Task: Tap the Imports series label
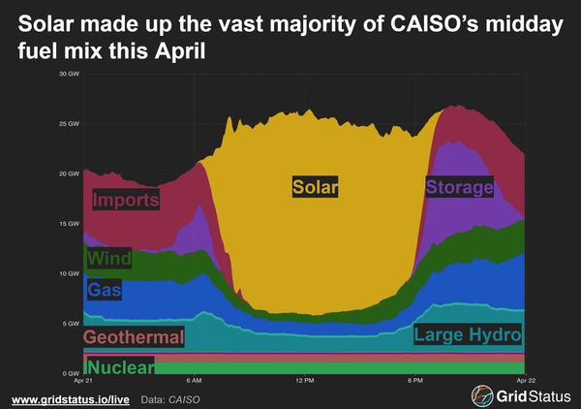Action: pyautogui.click(x=126, y=201)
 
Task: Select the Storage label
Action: pyautogui.click(x=460, y=187)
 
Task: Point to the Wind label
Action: pyautogui.click(x=109, y=260)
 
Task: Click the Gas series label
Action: pyautogui.click(x=104, y=289)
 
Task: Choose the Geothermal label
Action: pyautogui.click(x=134, y=337)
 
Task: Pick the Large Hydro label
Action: pyautogui.click(x=468, y=335)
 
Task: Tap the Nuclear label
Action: pyautogui.click(x=120, y=367)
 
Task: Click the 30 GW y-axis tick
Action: pyautogui.click(x=69, y=74)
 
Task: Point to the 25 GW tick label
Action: pyautogui.click(x=69, y=124)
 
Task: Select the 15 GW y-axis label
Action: pyautogui.click(x=69, y=224)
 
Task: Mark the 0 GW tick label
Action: pyautogui.click(x=71, y=374)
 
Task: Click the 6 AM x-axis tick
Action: pyautogui.click(x=194, y=381)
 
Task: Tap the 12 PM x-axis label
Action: pyautogui.click(x=304, y=381)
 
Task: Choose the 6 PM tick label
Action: pyautogui.click(x=414, y=381)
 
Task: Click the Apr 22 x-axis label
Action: pyautogui.click(x=523, y=381)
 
